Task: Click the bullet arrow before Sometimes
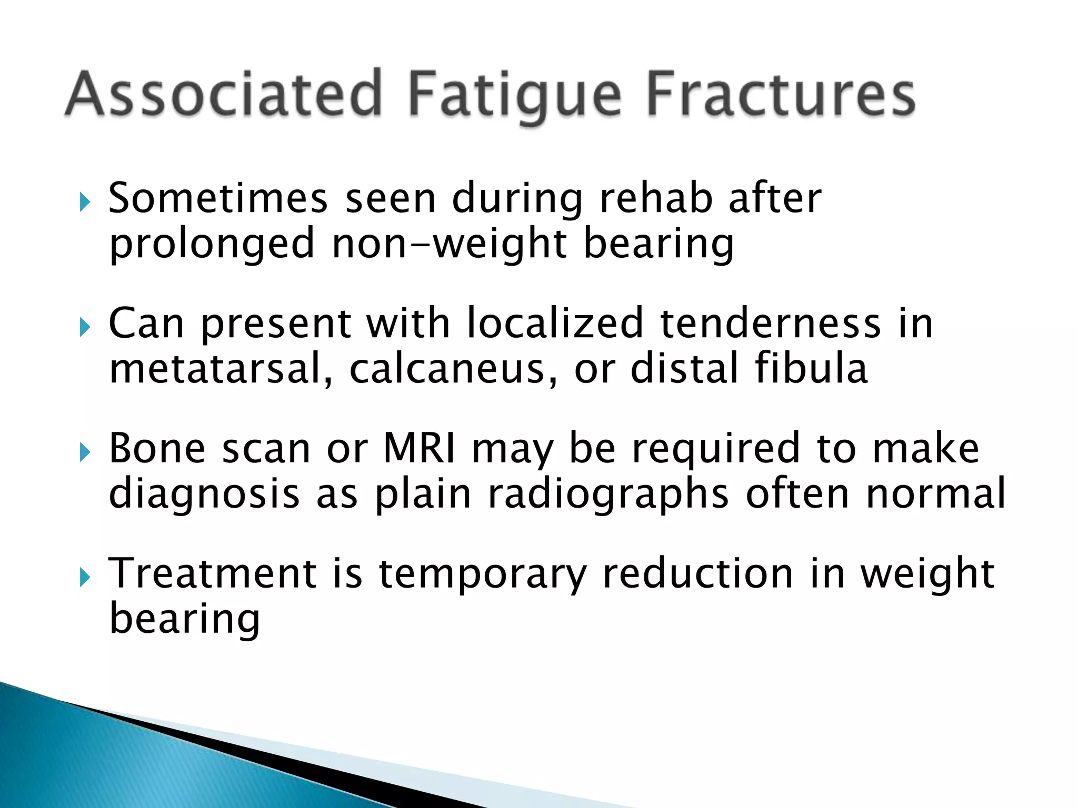pos(85,202)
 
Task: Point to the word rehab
pos(656,199)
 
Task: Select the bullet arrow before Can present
pos(85,327)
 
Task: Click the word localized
pos(555,323)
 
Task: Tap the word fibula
pos(811,368)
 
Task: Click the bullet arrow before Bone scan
pos(85,452)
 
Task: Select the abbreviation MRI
pos(420,449)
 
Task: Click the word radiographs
pos(608,494)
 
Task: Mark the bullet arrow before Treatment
pos(85,577)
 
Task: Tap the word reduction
pos(698,573)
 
